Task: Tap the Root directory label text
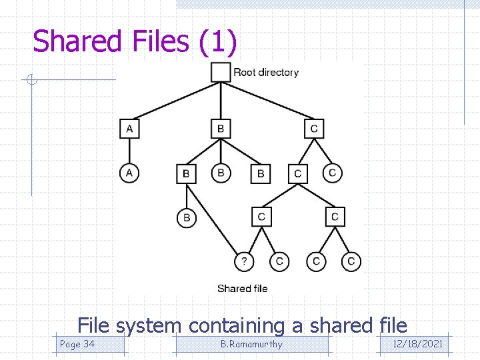pyautogui.click(x=266, y=72)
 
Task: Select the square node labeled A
pyautogui.click(x=129, y=129)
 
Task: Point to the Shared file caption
pyautogui.click(x=243, y=289)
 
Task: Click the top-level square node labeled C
pyautogui.click(x=314, y=129)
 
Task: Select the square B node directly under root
pyautogui.click(x=221, y=129)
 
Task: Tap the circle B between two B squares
pyautogui.click(x=221, y=173)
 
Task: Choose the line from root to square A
pyautogui.click(x=177, y=101)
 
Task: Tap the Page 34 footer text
pyautogui.click(x=77, y=344)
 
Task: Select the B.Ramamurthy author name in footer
pyautogui.click(x=251, y=344)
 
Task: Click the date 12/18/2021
pyautogui.click(x=418, y=344)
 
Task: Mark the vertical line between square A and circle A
pyautogui.click(x=129, y=151)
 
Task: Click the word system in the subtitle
pyautogui.click(x=149, y=326)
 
